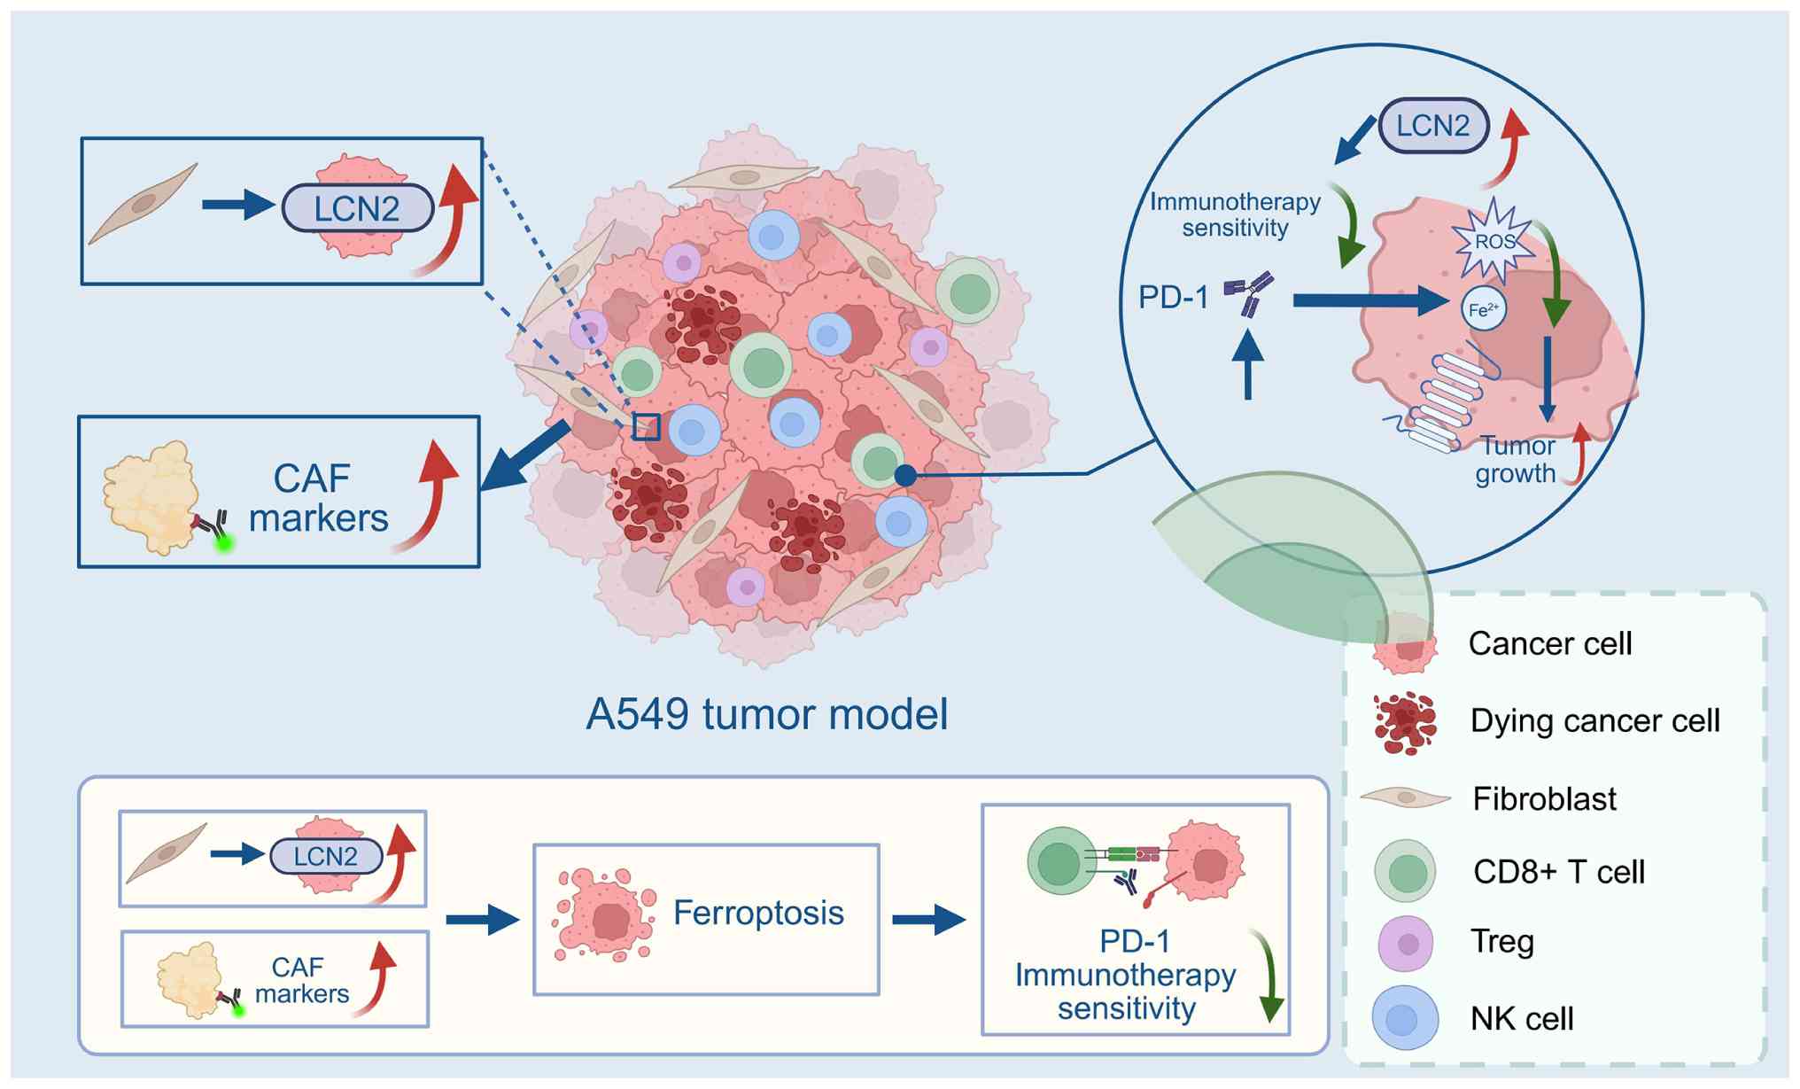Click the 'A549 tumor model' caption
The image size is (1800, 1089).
click(x=767, y=714)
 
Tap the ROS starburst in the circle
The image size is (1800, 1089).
click(x=1494, y=241)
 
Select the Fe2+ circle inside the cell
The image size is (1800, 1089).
click(x=1484, y=309)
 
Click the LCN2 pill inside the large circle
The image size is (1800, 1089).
click(x=1432, y=126)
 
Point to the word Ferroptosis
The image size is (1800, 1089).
click(x=758, y=913)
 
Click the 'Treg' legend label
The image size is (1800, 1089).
click(x=1501, y=941)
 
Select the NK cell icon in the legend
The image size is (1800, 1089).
click(x=1405, y=1018)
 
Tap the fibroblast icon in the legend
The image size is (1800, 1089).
click(x=1405, y=797)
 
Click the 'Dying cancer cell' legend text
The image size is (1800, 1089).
click(x=1594, y=720)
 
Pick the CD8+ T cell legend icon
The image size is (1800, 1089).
click(x=1406, y=872)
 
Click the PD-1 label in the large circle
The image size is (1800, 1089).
click(x=1173, y=298)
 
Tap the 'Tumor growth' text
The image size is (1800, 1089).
click(x=1516, y=460)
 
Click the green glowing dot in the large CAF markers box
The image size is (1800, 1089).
click(x=225, y=542)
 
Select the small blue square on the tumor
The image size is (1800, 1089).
click(x=647, y=427)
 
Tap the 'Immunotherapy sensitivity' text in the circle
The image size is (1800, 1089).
click(x=1235, y=214)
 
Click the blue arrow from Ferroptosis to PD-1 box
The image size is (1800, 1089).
click(x=927, y=920)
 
